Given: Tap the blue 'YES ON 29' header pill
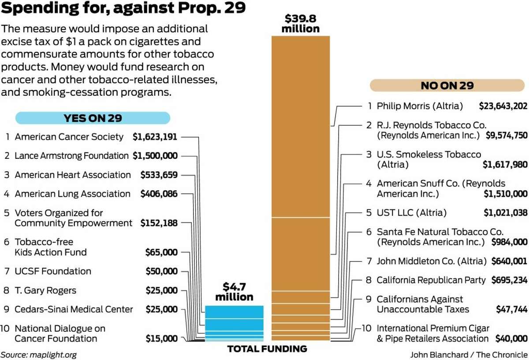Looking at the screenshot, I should [93, 118].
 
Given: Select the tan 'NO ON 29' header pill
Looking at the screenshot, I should [447, 85].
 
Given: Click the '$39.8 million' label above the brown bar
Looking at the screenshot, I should [301, 24].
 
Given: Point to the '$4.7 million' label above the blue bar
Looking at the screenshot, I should [234, 291].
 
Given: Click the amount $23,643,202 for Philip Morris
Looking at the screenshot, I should [503, 106].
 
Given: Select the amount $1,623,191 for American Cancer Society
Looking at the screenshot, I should [155, 137].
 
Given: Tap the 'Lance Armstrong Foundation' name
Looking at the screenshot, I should [71, 156].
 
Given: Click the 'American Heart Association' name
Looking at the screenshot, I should [73, 175].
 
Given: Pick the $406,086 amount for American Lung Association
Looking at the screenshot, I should [159, 194].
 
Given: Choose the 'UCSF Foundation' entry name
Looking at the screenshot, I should [53, 271].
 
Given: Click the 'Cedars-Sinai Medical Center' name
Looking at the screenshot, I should [74, 309].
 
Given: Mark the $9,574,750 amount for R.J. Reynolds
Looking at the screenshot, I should [507, 135].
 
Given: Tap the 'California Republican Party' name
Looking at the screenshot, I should [431, 280].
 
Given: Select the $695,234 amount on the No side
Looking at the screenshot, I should [509, 280].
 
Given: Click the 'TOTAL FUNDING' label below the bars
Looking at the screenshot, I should [267, 349].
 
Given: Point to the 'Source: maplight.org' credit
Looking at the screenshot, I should [35, 354].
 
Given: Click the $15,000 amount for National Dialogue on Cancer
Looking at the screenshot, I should [162, 339].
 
